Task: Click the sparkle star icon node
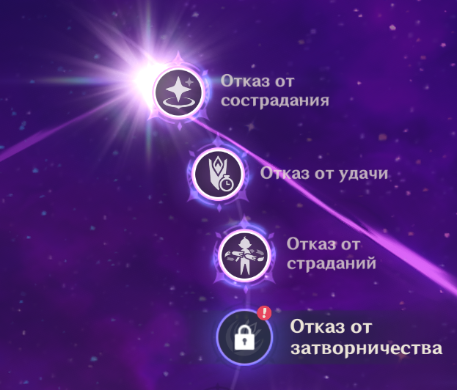pos(178,92)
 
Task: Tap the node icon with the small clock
pos(218,174)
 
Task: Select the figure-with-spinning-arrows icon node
pos(244,256)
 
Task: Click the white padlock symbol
pos(244,337)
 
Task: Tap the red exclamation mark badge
pos(264,313)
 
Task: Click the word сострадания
pos(275,100)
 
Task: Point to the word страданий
pos(332,264)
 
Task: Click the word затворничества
pos(366,347)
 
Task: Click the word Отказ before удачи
pos(285,173)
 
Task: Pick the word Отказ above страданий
pos(311,243)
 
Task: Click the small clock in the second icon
pos(227,183)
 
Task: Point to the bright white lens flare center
pos(147,78)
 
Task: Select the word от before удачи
pos(323,174)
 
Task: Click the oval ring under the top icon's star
pos(178,103)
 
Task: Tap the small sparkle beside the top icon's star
pos(189,82)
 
